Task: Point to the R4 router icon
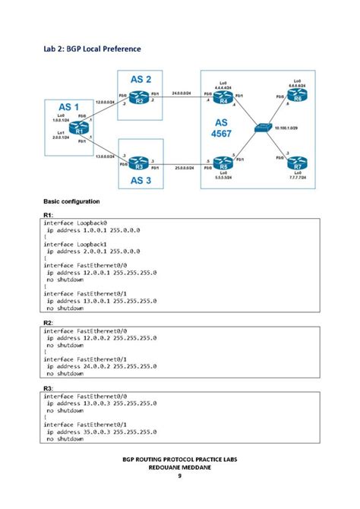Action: (x=223, y=100)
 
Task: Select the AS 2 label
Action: (x=141, y=79)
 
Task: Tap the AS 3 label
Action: (x=141, y=182)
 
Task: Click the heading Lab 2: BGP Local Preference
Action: (x=91, y=49)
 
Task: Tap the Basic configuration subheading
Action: (x=71, y=201)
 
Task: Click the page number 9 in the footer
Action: (x=180, y=476)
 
